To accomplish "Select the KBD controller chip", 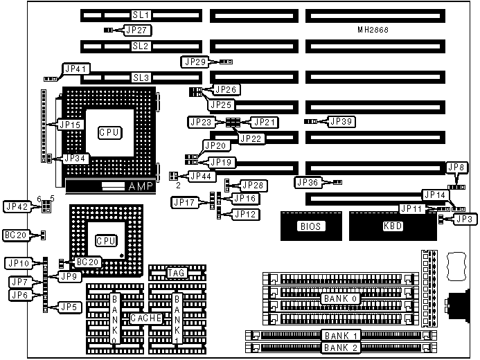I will pyautogui.click(x=392, y=226).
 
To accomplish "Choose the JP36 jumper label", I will pyautogui.click(x=309, y=182).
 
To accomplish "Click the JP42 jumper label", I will pyautogui.click(x=17, y=206).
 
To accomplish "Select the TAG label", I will pyautogui.click(x=175, y=273).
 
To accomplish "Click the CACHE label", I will pyautogui.click(x=146, y=318).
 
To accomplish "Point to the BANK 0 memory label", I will pyautogui.click(x=339, y=298).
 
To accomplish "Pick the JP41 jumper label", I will pyautogui.click(x=74, y=69).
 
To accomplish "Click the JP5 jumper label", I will pyautogui.click(x=67, y=307).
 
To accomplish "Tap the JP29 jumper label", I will pyautogui.click(x=194, y=62).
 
